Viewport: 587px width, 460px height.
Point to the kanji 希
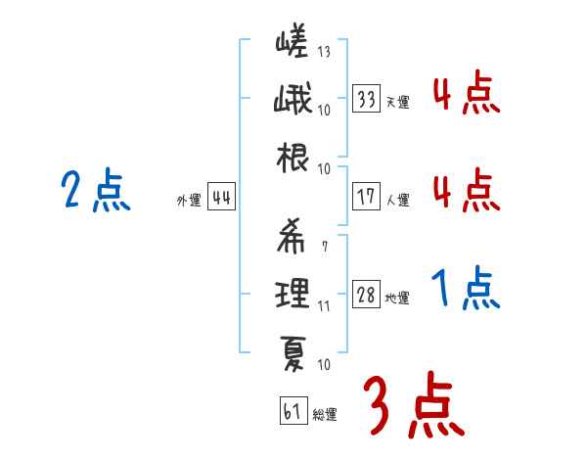point(292,236)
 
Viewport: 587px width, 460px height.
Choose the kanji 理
point(292,292)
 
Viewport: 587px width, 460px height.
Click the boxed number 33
point(367,99)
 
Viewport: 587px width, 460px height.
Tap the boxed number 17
point(367,197)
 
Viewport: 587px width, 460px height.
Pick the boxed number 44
point(221,199)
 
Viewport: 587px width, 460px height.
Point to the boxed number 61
point(292,412)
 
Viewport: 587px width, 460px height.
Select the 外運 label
point(188,201)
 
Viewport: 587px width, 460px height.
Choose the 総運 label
point(324,415)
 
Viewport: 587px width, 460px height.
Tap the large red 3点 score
point(410,404)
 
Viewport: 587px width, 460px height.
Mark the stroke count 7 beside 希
point(324,246)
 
